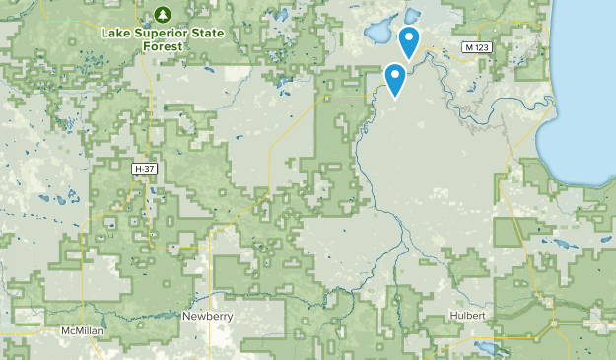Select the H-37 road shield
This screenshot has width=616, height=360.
146,170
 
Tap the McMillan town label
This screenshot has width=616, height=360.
82,330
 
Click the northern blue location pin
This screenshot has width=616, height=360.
409,40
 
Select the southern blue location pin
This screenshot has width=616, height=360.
396,77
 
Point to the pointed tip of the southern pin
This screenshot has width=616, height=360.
396,97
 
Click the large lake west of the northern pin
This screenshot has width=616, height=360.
378,34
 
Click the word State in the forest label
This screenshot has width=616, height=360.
201,30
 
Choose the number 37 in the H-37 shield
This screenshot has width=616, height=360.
150,170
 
